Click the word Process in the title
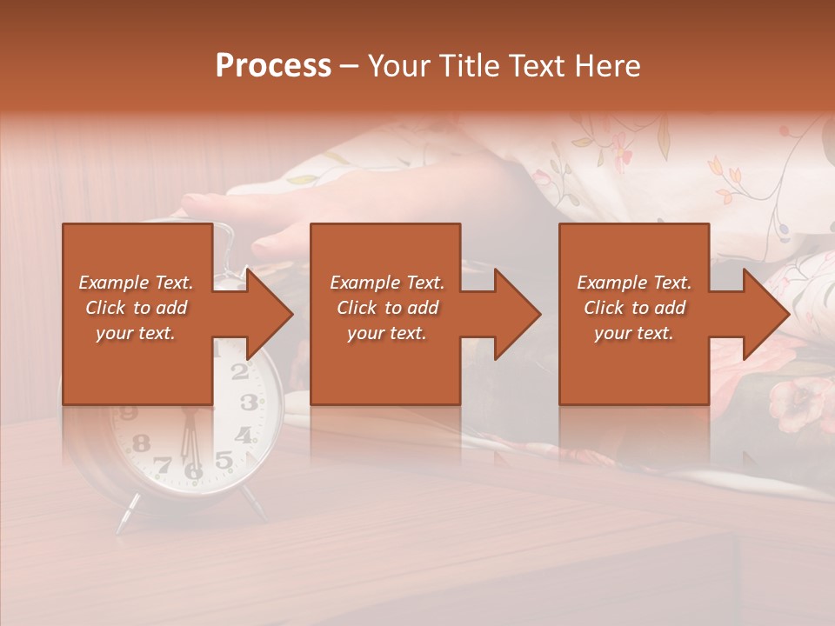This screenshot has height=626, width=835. pos(273,66)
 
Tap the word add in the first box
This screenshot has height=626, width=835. pos(171,308)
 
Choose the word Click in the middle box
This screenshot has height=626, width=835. pos(357,308)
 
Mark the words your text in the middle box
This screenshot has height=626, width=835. pos(386,333)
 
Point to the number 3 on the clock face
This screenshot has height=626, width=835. pos(249,402)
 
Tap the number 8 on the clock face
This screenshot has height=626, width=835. pos(141,443)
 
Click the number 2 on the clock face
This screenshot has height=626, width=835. pos(240,372)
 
